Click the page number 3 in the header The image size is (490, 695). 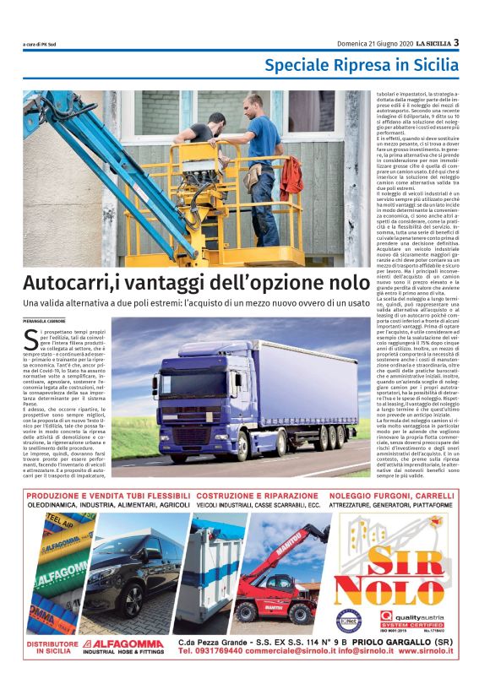456,42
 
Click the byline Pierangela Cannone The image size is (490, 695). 43,322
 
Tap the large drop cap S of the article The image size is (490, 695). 31,339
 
